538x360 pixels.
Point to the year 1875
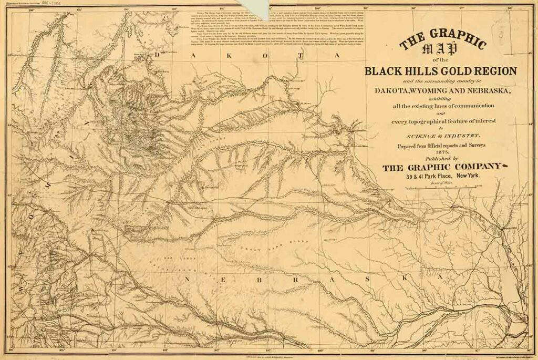point(441,151)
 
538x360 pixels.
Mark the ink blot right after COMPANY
point(507,167)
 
